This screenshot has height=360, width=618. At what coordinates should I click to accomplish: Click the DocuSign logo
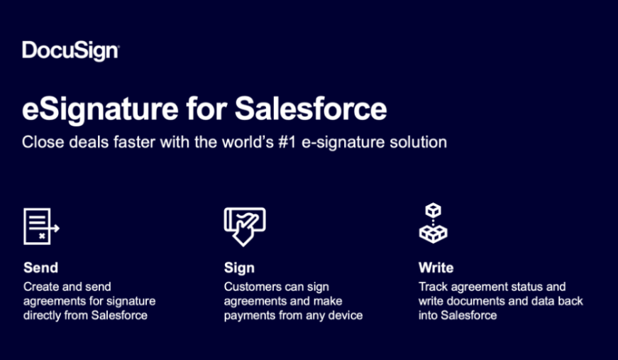point(70,51)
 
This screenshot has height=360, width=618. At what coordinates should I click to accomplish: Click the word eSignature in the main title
point(100,109)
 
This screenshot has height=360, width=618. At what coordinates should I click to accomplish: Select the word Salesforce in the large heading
point(311,109)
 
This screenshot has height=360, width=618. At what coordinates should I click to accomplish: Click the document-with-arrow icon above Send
point(41,227)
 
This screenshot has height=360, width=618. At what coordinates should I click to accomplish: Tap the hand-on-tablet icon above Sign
point(244,227)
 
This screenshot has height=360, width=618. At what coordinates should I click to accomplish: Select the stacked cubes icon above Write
point(433,223)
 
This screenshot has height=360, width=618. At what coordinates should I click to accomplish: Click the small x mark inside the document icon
point(42,236)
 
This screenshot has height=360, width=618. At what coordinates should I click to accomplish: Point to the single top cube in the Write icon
point(433,209)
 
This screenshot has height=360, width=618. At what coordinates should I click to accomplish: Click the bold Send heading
point(40,268)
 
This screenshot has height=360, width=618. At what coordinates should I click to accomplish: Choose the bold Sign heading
point(239,268)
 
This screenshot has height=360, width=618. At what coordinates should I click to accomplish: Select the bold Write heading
point(436,268)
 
